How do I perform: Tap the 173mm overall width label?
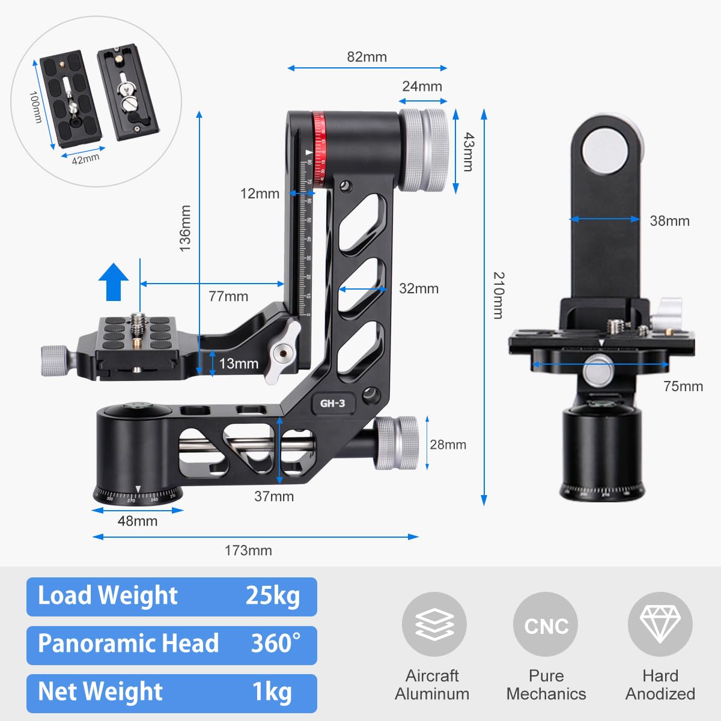(248, 550)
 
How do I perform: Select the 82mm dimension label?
(367, 57)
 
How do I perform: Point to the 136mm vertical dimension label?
(185, 228)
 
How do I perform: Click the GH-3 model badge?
(332, 403)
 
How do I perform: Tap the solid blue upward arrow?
(114, 282)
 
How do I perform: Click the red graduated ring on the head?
(318, 147)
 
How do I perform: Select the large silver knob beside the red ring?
(424, 150)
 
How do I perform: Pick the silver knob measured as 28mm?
(397, 443)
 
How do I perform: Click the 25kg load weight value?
(272, 595)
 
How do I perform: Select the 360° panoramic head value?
(275, 643)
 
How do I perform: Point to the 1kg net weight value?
(272, 692)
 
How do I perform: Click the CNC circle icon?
(546, 625)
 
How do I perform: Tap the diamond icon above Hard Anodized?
(660, 624)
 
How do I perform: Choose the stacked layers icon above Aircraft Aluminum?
(434, 624)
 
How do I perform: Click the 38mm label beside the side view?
(669, 221)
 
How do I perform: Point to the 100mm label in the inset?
(35, 108)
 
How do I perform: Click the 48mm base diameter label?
(138, 521)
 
